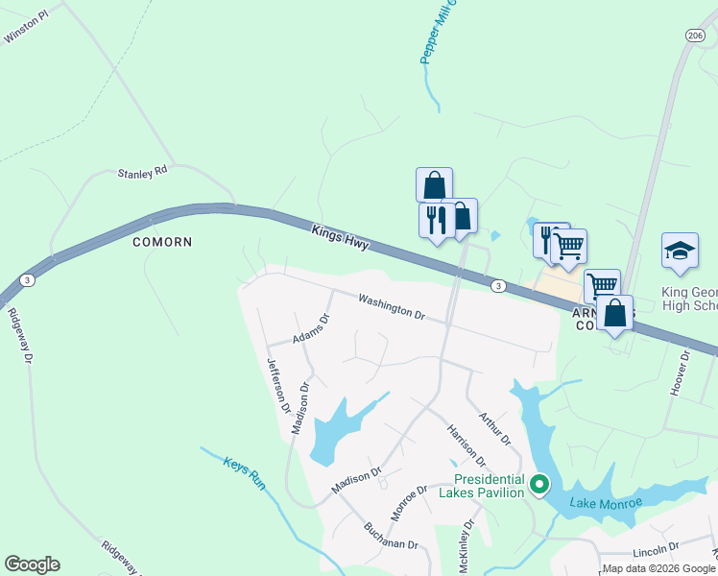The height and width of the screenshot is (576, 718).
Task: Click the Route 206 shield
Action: pyautogui.click(x=695, y=35)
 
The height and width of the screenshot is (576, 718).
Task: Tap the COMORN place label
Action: pyautogui.click(x=163, y=242)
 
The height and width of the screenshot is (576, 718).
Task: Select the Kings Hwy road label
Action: pyautogui.click(x=340, y=238)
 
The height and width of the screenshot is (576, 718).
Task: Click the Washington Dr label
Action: pyautogui.click(x=392, y=307)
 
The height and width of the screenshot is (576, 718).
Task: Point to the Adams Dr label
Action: pyautogui.click(x=311, y=331)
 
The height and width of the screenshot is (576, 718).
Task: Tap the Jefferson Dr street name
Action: pyautogui.click(x=278, y=385)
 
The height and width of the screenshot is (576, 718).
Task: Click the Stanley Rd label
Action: pyautogui.click(x=142, y=174)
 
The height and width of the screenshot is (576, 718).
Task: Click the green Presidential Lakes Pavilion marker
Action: pyautogui.click(x=539, y=485)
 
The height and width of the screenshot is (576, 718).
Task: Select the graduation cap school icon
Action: pyautogui.click(x=680, y=251)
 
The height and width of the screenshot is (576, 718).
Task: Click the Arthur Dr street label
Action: pyautogui.click(x=494, y=429)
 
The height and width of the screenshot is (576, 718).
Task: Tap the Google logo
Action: pyautogui.click(x=32, y=564)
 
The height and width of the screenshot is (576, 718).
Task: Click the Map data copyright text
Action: pyautogui.click(x=658, y=568)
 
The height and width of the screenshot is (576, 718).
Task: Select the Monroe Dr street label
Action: pyautogui.click(x=409, y=502)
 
